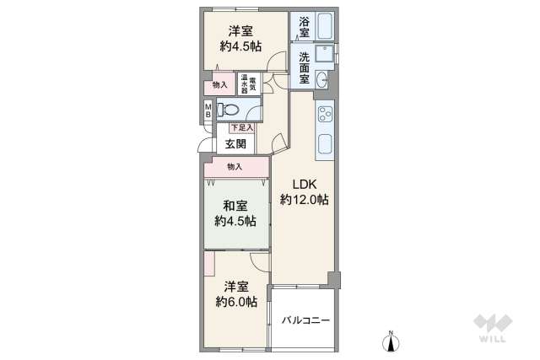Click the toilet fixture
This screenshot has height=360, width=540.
(228, 108)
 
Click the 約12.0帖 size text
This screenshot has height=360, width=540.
(305, 200)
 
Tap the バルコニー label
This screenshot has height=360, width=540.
(305, 320)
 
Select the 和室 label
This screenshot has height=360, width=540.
(235, 206)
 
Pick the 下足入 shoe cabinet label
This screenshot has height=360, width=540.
(241, 127)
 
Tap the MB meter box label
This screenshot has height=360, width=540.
(208, 110)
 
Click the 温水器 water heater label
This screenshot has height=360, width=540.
(243, 83)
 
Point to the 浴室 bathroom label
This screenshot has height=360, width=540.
(303, 25)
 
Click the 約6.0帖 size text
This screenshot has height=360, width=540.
(235, 302)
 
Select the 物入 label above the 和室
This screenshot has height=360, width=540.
(235, 167)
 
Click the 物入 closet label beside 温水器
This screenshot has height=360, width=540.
(219, 84)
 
